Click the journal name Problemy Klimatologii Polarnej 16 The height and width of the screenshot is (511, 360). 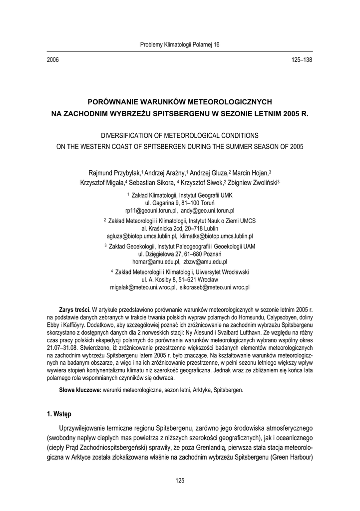(x=180, y=44)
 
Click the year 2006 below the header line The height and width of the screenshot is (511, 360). (x=53, y=60)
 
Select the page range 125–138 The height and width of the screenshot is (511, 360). (x=301, y=60)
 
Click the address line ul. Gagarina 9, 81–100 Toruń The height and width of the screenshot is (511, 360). (x=180, y=203)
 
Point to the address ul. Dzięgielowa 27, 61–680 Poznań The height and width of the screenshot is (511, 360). (x=180, y=254)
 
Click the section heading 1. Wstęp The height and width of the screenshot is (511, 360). (x=59, y=414)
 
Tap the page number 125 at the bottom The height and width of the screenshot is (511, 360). (x=180, y=481)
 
